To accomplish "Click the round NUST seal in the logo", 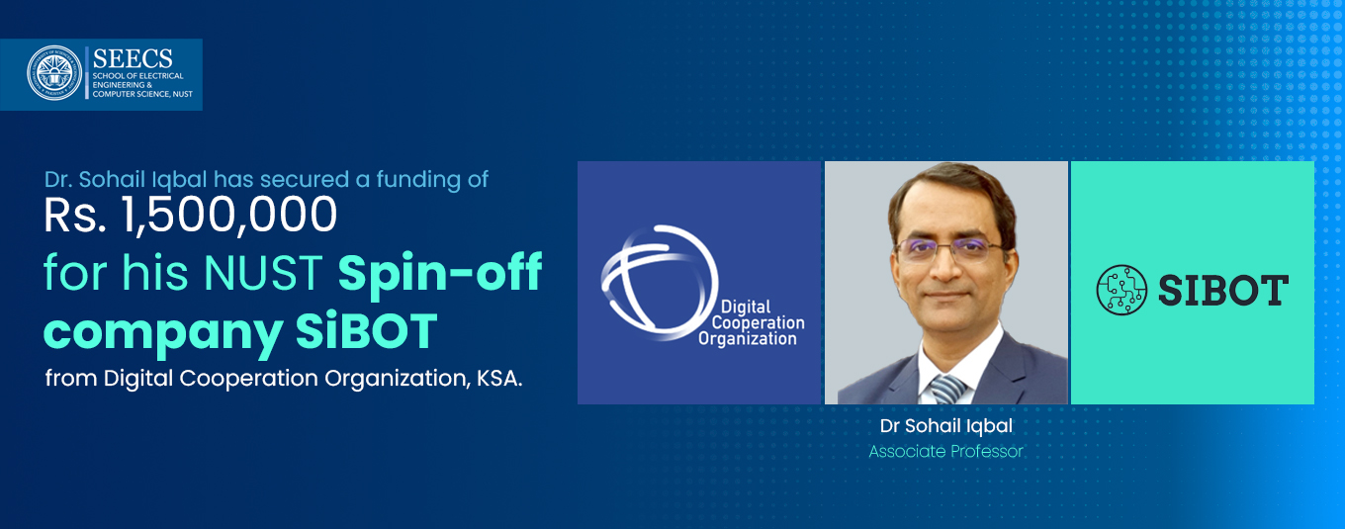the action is click(54, 73).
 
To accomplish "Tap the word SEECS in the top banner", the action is click(133, 59).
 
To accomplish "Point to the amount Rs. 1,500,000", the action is click(190, 215).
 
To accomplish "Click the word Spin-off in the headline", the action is click(440, 273).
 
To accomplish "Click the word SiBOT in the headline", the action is click(366, 331).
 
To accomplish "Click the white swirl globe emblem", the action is click(660, 282).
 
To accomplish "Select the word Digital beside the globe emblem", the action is click(745, 307).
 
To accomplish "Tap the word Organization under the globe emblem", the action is click(747, 338).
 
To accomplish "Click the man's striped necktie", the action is click(946, 390).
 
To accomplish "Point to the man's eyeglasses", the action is click(949, 249).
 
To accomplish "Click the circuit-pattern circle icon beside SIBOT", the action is click(1121, 290).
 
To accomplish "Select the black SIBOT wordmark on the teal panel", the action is click(1223, 290).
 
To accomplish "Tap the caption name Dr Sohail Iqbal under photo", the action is click(946, 426).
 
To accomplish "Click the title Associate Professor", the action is click(945, 452).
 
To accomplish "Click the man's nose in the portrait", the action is click(945, 267).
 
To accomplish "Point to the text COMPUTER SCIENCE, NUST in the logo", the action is click(142, 94).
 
